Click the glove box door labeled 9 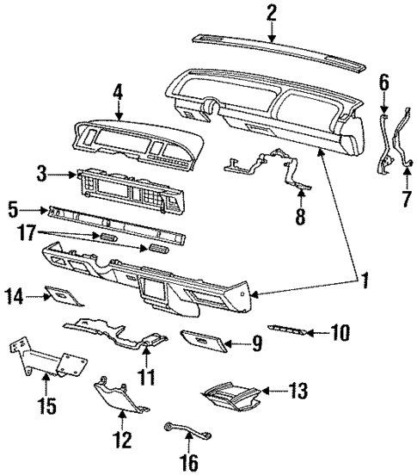(x=204, y=342)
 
